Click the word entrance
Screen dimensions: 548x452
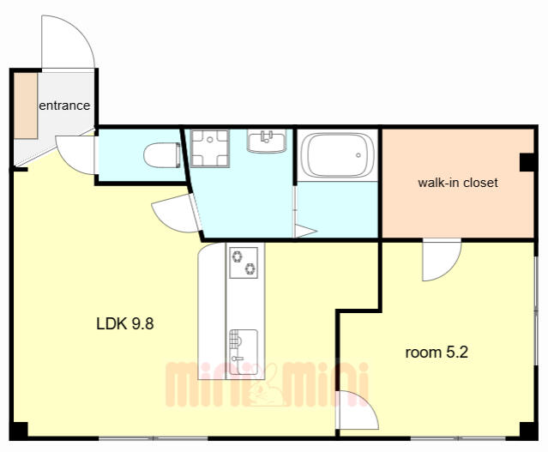64,105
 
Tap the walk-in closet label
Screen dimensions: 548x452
458,183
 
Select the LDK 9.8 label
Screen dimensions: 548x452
124,323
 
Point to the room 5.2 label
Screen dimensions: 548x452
437,352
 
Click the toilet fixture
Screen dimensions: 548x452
162,155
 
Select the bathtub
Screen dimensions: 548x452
338,155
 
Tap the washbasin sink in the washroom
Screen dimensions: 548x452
267,142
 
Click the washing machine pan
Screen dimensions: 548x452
210,148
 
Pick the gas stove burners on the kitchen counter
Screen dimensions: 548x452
244,262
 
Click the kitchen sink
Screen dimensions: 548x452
244,352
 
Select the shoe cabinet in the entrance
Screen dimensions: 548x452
26,105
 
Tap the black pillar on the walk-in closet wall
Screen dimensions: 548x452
527,162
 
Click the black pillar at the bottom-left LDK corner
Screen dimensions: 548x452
19,431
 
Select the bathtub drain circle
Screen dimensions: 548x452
358,155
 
